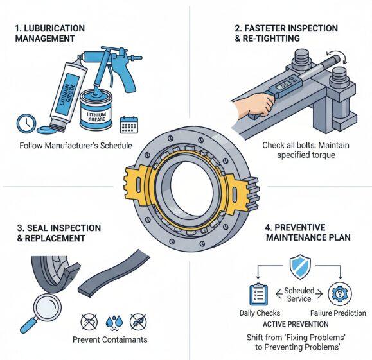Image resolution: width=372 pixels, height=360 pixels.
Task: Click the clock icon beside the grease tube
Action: coord(26,123)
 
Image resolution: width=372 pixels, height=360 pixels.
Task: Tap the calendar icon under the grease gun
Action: coord(129,125)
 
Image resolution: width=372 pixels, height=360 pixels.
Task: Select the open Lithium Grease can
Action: coord(96,110)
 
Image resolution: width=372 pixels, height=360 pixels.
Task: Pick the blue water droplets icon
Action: coord(114,322)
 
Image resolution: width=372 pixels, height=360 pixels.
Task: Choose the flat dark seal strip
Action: coord(114,273)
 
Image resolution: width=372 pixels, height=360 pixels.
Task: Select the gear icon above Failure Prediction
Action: coord(340,294)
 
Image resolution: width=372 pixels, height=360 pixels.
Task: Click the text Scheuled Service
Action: coord(299,295)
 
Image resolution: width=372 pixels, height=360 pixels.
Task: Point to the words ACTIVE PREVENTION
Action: coord(296,324)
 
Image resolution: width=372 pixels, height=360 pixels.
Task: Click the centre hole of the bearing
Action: coord(192,187)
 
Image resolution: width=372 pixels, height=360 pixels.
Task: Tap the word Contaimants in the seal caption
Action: coord(125,339)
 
